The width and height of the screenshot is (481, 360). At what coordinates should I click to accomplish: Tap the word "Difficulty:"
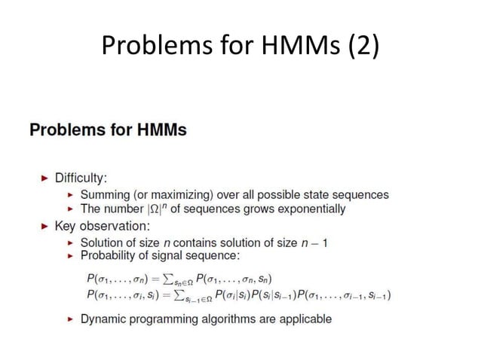click(x=81, y=178)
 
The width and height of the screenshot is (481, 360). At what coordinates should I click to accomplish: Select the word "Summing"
click(x=104, y=194)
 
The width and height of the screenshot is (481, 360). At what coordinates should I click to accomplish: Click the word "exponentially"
click(x=311, y=209)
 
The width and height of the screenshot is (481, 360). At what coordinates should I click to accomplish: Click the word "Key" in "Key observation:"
click(x=66, y=225)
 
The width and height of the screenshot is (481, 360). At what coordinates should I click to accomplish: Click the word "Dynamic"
click(x=103, y=319)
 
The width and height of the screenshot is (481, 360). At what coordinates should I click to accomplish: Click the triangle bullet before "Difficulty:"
click(x=44, y=178)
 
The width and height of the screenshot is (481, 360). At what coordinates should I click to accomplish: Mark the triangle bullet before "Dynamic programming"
click(x=71, y=319)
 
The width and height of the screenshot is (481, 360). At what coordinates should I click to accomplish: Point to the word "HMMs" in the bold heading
click(x=161, y=130)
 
